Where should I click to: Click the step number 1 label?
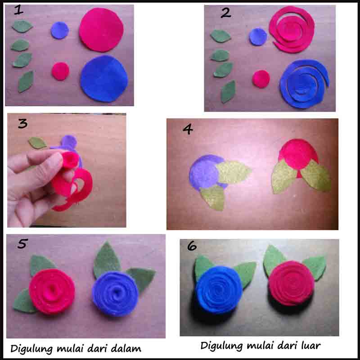click(18, 10)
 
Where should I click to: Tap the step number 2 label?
click(226, 13)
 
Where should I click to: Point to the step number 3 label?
click(23, 123)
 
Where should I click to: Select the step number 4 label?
click(188, 129)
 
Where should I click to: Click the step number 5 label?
click(23, 243)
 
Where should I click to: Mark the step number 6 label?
click(192, 246)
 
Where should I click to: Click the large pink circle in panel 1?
click(101, 30)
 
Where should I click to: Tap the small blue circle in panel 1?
click(60, 30)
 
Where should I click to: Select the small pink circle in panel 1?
click(60, 71)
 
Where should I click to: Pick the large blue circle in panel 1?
click(104, 78)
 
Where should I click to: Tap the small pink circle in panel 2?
click(261, 79)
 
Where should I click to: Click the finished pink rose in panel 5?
click(52, 291)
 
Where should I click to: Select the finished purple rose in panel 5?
click(115, 294)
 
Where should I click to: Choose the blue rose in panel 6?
click(219, 290)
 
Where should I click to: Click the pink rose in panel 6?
click(291, 283)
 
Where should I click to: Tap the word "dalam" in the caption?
click(126, 348)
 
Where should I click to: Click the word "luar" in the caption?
click(308, 345)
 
